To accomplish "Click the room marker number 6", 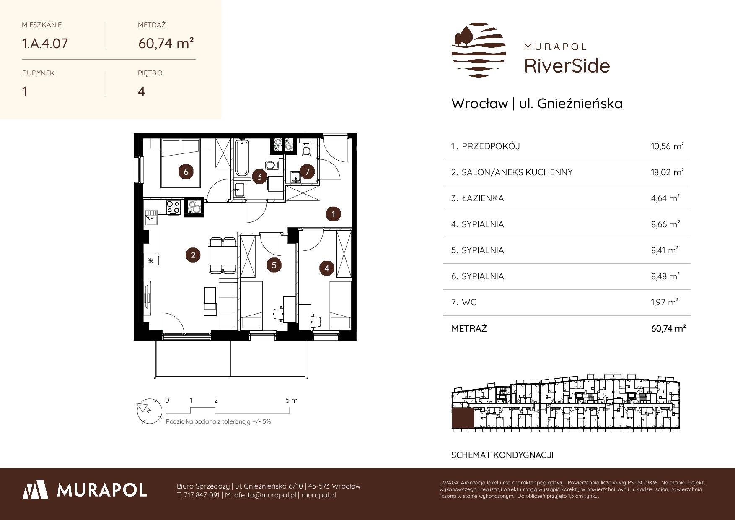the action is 186,172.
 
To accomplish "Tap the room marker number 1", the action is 333,214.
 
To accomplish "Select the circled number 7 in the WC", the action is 308,172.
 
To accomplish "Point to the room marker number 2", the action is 193,255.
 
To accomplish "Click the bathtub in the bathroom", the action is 242,158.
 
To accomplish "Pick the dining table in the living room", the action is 222,256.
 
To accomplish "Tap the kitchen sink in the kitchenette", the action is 150,219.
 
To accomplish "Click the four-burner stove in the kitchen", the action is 173,207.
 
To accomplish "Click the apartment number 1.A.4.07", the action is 45,43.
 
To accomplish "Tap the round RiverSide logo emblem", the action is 478,50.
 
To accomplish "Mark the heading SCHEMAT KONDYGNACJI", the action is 502,455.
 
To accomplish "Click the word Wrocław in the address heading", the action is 479,104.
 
